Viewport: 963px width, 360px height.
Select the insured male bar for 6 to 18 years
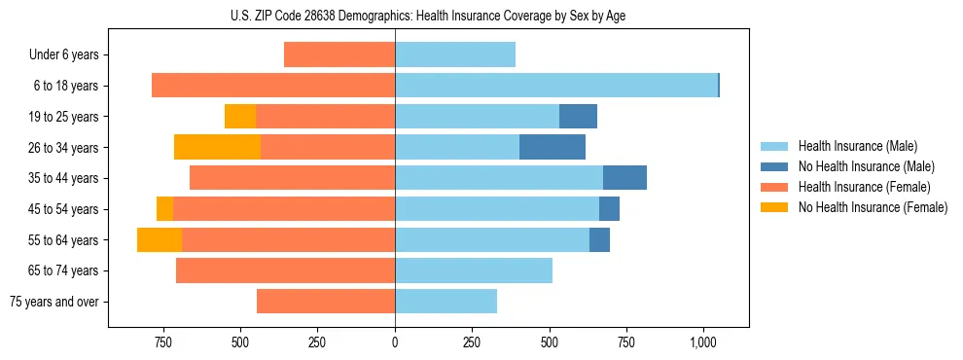tap(555, 86)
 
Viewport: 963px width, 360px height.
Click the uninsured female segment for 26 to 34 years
tap(217, 147)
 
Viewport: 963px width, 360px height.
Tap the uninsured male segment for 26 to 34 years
tap(553, 147)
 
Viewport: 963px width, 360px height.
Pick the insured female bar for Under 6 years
tap(339, 54)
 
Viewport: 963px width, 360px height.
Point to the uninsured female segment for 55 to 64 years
tap(160, 239)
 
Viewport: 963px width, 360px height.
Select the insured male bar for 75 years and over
tap(446, 302)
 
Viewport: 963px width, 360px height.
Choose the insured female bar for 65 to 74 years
tap(285, 270)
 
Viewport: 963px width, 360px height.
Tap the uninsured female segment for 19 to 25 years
tap(240, 117)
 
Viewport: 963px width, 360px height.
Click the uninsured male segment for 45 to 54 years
tap(609, 208)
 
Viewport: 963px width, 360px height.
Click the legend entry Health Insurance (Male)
tap(852, 147)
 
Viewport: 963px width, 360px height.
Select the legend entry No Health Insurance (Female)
tap(873, 207)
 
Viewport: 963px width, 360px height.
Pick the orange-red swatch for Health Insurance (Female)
tap(774, 187)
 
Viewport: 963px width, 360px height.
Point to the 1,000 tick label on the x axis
tap(703, 342)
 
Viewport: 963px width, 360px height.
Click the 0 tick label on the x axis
tap(395, 342)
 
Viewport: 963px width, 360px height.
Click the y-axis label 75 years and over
tap(53, 302)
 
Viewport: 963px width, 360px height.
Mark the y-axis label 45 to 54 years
tap(63, 209)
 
